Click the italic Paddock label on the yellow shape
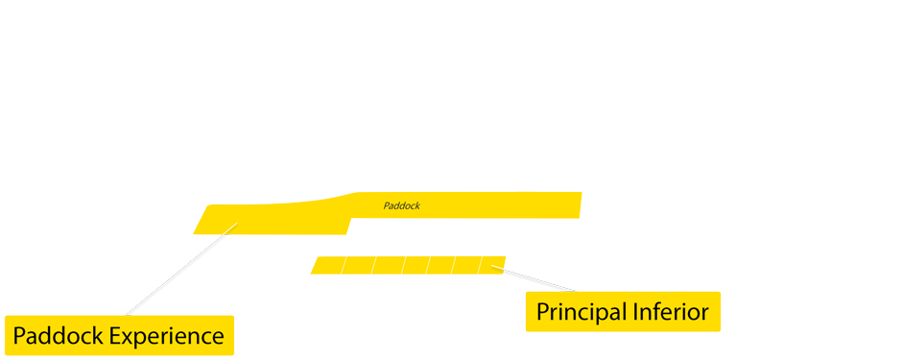click(401, 205)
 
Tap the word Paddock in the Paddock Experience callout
click(58, 337)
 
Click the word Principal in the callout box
click(580, 312)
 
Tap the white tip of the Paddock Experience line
click(231, 228)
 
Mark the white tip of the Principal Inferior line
click(496, 266)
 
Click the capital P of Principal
click(542, 312)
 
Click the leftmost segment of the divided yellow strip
click(328, 265)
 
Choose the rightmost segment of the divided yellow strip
click(491, 265)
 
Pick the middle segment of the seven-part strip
click(415, 265)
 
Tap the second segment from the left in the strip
click(358, 265)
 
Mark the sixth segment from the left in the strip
click(465, 265)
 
